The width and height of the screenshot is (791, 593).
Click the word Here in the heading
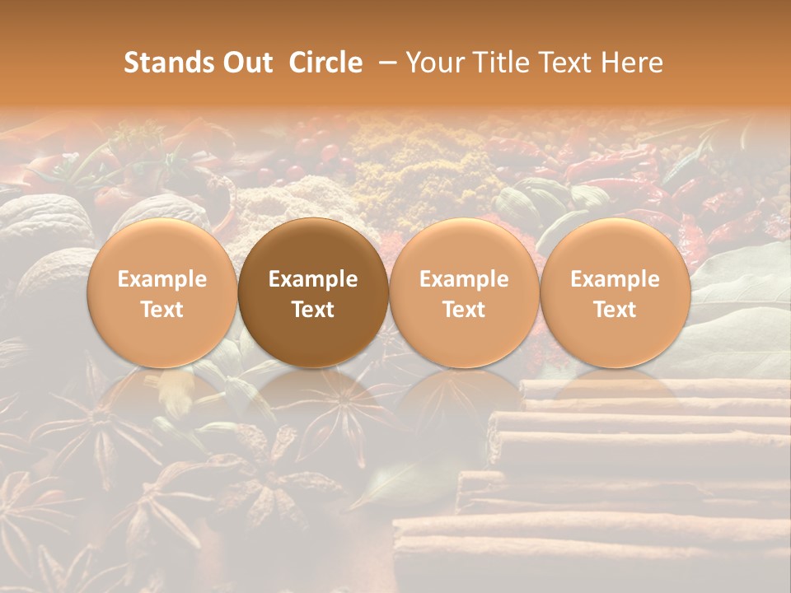[x=633, y=63]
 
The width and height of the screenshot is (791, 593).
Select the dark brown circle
[x=313, y=292]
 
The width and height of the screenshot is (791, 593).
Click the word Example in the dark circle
[x=313, y=279]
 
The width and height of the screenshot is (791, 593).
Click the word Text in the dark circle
[x=313, y=310]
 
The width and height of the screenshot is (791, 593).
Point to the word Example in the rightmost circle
[x=615, y=279]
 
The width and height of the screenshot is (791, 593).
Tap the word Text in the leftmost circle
[x=161, y=310]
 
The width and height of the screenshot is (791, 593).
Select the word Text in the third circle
[x=464, y=310]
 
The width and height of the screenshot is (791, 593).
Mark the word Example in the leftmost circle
[x=161, y=279]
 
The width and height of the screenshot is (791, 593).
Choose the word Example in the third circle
[x=464, y=279]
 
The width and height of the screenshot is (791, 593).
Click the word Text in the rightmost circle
[x=615, y=310]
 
